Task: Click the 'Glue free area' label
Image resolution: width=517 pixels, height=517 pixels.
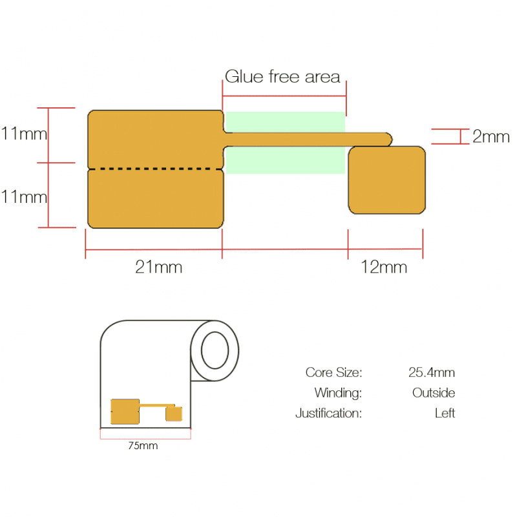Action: point(282,76)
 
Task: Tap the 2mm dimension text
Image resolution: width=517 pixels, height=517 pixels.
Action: point(491,136)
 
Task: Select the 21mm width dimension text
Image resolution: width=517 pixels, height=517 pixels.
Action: point(158,267)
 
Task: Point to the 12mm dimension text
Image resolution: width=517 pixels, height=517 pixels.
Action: point(384,267)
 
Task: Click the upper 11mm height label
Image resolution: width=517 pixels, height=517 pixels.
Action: point(24,134)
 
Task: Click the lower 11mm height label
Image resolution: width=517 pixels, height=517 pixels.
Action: point(24,197)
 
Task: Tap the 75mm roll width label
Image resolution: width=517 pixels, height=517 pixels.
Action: point(143,446)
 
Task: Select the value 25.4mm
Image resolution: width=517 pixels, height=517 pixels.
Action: point(432,373)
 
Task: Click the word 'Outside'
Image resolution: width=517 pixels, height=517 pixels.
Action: point(434,393)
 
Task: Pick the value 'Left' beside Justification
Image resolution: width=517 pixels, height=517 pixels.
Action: point(445,413)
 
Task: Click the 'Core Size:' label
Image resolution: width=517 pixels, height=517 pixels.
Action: point(333,373)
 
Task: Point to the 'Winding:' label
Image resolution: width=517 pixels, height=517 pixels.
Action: point(338,393)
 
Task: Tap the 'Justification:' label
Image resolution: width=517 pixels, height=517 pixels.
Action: point(329,413)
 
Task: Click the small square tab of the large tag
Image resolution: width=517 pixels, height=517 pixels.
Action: point(386,180)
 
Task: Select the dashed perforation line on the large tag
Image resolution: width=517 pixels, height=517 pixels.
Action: point(155,169)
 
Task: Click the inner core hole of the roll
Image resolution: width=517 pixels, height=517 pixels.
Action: point(215,350)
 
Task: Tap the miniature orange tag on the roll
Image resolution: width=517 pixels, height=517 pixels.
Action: point(146,412)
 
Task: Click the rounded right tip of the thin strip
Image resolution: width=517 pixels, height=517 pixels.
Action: point(392,139)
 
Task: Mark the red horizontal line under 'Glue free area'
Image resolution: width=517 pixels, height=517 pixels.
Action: point(284,96)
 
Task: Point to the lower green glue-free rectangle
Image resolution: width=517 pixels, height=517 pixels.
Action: point(285,160)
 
